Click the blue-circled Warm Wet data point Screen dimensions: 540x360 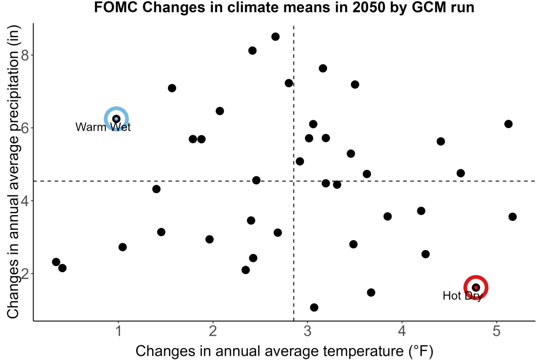click(117, 119)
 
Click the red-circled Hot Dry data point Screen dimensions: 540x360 click(476, 287)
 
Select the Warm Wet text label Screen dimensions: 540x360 click(103, 127)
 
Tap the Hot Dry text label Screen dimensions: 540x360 click(462, 295)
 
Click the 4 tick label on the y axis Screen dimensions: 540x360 click(25, 201)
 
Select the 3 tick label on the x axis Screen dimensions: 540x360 click(308, 331)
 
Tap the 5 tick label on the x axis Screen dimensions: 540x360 click(496, 331)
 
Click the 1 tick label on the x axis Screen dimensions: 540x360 click(119, 331)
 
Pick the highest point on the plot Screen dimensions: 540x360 click(275, 37)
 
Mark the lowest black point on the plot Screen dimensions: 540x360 click(314, 307)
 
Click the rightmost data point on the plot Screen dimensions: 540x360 click(512, 217)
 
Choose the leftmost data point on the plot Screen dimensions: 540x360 click(56, 262)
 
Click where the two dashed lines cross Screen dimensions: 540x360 click(294, 181)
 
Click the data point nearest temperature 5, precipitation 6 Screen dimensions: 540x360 click(508, 124)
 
